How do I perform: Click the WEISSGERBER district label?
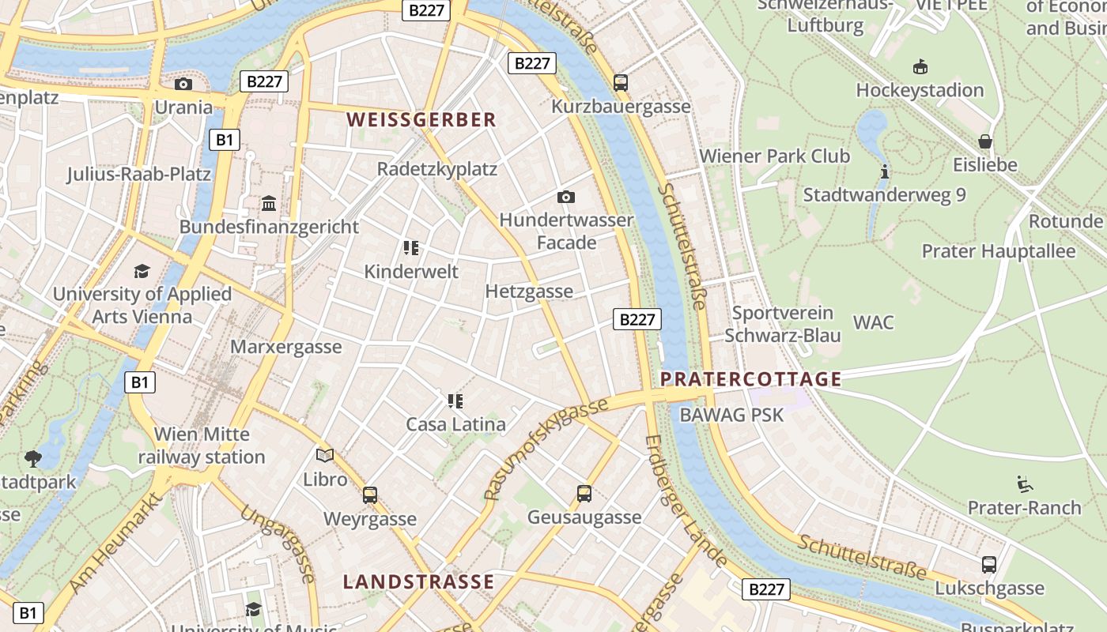click(421, 120)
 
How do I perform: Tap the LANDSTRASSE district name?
click(418, 582)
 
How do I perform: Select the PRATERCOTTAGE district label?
click(750, 379)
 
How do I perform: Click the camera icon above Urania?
click(183, 85)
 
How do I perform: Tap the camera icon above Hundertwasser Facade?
click(566, 197)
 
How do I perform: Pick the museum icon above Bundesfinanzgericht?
click(269, 204)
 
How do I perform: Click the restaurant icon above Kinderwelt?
click(410, 249)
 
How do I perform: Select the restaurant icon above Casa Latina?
click(455, 401)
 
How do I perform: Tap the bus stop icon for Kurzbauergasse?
click(621, 83)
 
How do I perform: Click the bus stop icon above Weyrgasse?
click(370, 495)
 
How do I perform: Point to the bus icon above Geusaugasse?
click(584, 494)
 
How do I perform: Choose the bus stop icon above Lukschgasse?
click(989, 565)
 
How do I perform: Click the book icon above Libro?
click(325, 455)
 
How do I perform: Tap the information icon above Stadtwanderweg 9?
click(885, 171)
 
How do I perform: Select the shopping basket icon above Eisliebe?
click(985, 142)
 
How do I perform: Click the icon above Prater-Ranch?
click(1024, 483)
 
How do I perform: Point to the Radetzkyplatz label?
click(436, 169)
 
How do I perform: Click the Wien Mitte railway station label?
click(202, 446)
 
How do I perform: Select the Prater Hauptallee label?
click(999, 252)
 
